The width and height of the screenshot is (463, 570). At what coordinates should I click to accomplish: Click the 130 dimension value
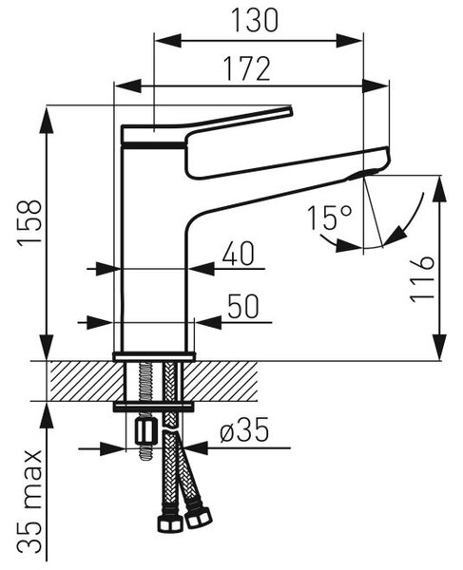[255, 20]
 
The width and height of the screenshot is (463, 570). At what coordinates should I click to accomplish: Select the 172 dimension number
[247, 68]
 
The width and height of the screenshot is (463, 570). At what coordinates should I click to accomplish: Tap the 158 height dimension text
[29, 222]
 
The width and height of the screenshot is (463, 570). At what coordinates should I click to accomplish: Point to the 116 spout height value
[422, 278]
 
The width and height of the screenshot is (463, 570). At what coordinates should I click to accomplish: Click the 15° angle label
[330, 218]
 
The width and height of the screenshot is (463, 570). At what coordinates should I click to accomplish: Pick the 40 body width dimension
[239, 254]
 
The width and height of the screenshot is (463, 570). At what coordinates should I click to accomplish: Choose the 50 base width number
[243, 306]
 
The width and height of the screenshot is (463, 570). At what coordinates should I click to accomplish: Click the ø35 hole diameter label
[244, 429]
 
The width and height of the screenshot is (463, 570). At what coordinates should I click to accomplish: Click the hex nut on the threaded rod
[146, 431]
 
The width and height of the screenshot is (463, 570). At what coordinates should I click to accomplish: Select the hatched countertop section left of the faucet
[87, 381]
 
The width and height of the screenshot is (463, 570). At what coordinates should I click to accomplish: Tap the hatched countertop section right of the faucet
[222, 381]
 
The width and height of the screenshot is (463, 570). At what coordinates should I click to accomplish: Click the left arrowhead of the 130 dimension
[168, 40]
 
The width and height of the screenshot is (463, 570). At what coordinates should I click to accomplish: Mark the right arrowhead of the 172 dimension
[376, 86]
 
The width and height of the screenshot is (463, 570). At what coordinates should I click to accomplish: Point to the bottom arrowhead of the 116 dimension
[440, 347]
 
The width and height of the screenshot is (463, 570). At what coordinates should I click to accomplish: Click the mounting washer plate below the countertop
[153, 408]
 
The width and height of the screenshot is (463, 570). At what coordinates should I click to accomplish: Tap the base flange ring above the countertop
[153, 356]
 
